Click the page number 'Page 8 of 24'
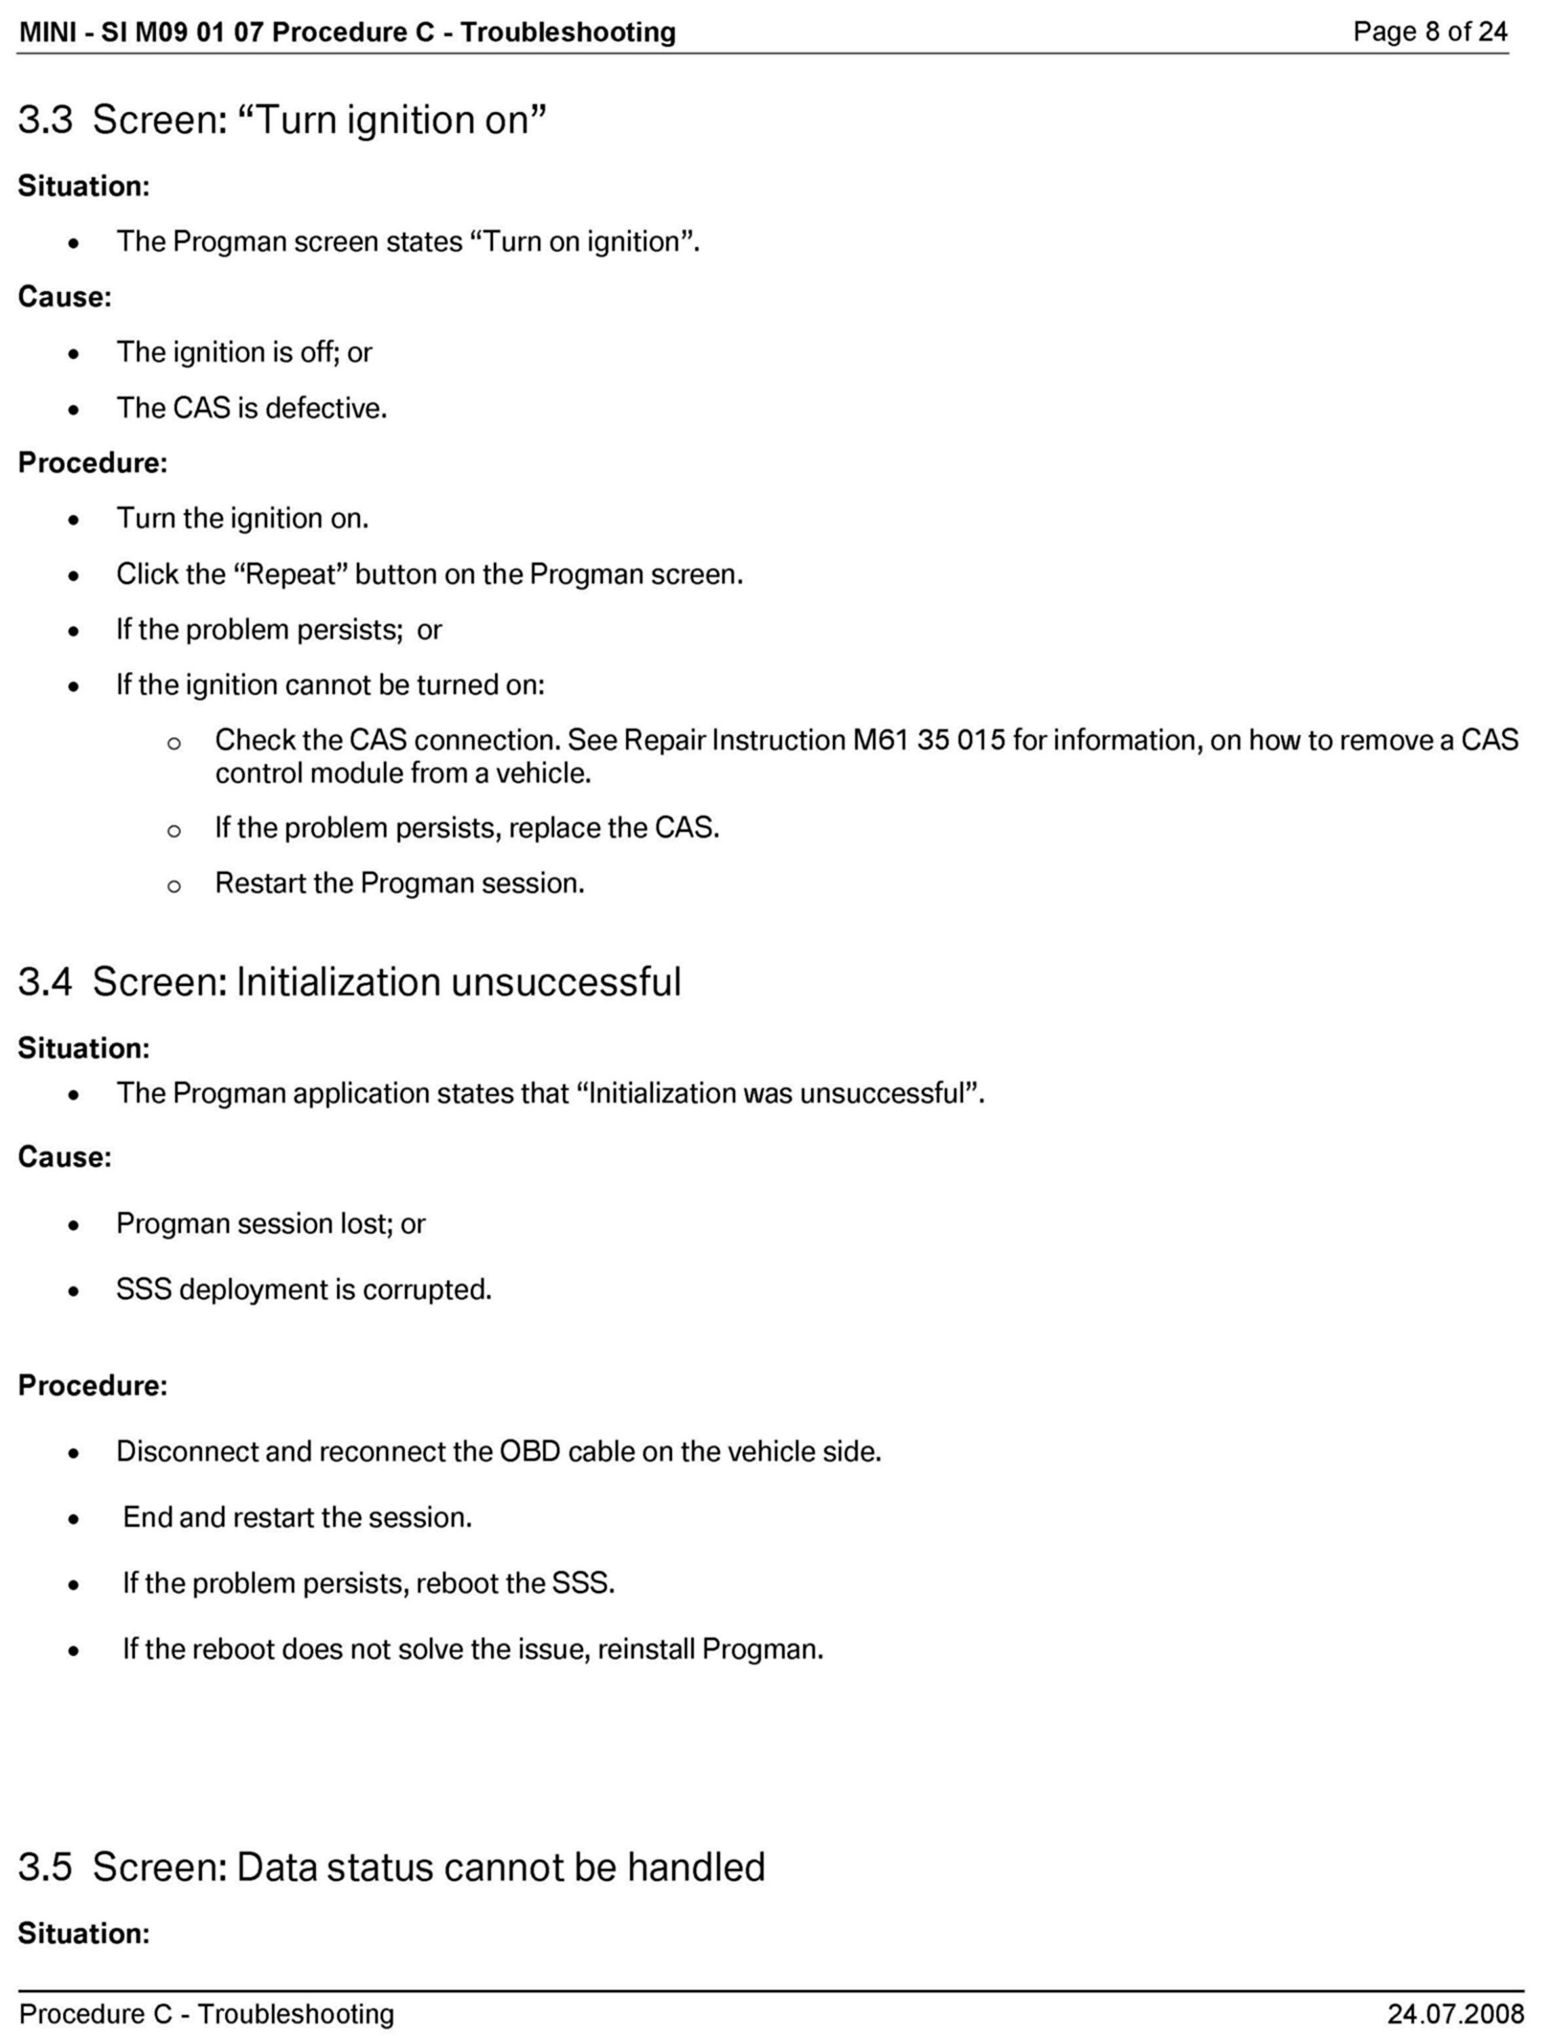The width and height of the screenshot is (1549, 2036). click(x=1429, y=33)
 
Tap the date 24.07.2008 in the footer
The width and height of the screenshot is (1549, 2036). click(x=1454, y=2013)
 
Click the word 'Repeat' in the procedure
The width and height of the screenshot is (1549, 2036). click(x=295, y=575)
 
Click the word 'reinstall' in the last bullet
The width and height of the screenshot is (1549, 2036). click(x=646, y=1648)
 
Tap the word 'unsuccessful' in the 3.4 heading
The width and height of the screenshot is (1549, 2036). click(x=565, y=981)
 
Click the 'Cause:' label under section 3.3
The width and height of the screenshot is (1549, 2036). click(x=64, y=297)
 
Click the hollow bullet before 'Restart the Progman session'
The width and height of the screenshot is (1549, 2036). click(x=174, y=886)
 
